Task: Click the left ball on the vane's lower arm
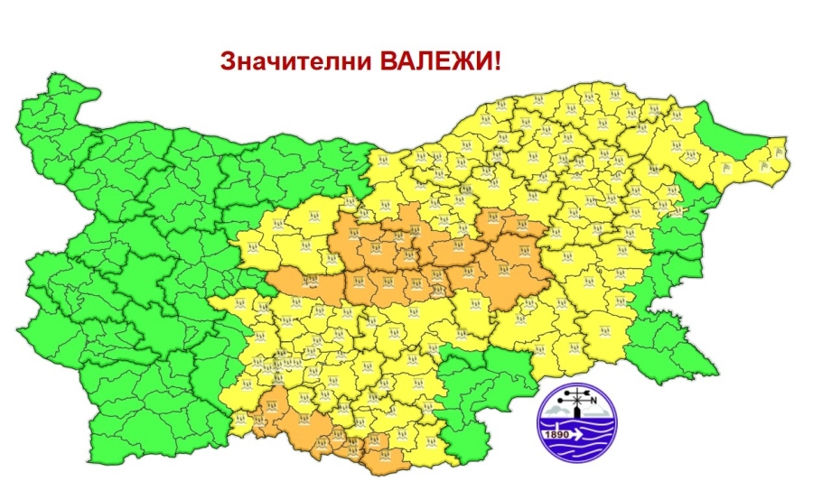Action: point(560,399)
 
